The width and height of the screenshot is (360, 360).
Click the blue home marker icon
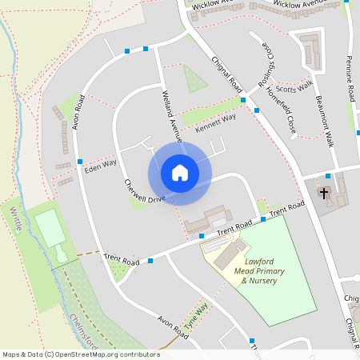180,173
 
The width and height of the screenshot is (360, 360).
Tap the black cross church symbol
324,193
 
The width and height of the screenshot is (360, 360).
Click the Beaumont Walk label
322,121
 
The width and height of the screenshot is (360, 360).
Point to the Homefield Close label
286,111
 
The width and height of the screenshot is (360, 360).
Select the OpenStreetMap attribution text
81,354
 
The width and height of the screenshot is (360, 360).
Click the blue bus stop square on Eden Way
80,162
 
